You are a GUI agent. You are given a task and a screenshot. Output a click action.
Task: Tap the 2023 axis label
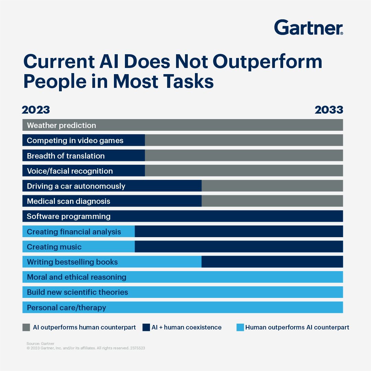click(36, 110)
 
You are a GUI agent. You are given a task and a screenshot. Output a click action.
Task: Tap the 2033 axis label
click(329, 110)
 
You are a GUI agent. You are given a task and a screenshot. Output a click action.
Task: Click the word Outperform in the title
click(267, 62)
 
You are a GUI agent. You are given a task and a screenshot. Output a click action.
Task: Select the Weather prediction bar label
click(61, 125)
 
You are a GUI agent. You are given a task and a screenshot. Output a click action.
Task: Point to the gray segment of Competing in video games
click(244, 140)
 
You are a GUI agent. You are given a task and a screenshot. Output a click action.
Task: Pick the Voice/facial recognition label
click(70, 171)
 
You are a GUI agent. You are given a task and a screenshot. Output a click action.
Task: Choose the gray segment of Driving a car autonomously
click(272, 186)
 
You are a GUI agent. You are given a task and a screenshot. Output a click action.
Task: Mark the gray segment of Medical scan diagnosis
click(272, 201)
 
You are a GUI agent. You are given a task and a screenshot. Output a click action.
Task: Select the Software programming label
click(69, 216)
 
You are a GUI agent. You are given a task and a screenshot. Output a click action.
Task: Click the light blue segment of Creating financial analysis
click(79, 232)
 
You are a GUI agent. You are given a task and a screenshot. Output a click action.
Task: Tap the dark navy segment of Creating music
click(239, 247)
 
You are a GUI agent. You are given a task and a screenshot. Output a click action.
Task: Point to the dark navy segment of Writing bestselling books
click(272, 262)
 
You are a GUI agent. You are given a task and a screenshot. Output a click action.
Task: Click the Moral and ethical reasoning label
click(77, 277)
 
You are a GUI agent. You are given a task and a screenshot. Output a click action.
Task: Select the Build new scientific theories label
click(77, 292)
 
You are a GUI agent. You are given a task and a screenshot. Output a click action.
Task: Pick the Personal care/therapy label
click(66, 308)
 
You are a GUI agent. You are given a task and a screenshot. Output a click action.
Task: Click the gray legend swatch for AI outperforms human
click(26, 327)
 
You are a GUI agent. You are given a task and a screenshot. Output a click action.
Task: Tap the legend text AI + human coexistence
click(186, 327)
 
